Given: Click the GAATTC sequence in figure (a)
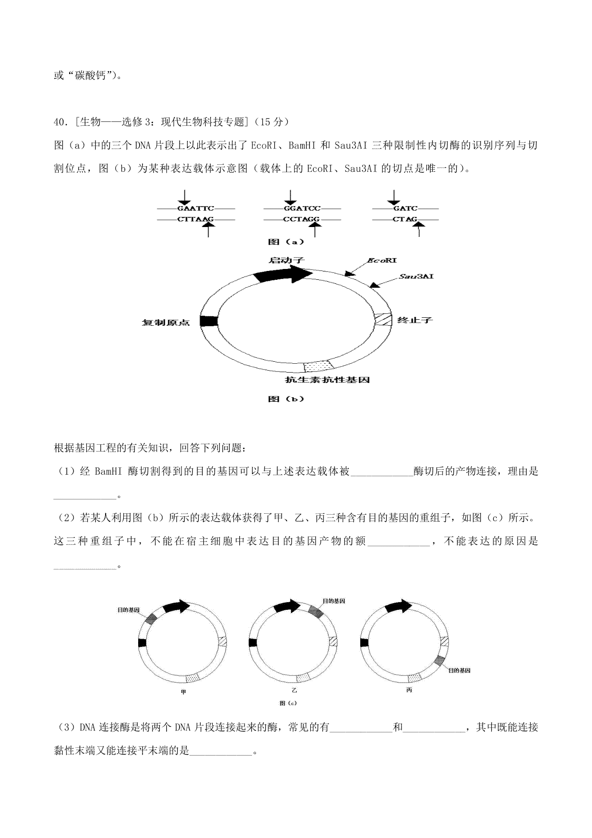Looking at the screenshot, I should click(195, 209).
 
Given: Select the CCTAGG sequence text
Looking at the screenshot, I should click(301, 219).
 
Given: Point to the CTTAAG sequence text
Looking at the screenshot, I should click(195, 219).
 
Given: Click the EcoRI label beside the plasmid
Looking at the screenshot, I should click(382, 260).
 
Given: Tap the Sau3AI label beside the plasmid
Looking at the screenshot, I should click(416, 277).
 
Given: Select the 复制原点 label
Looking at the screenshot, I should click(166, 323).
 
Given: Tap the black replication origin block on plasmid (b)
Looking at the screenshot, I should click(209, 321).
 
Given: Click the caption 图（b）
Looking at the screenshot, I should click(286, 399).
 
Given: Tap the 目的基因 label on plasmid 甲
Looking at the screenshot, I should click(128, 610).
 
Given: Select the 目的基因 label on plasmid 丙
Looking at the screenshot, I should click(459, 670).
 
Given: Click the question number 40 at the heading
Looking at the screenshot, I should click(58, 121).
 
